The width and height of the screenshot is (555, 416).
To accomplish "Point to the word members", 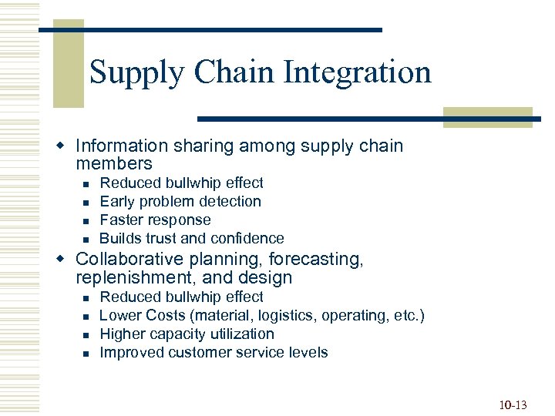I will [114, 164].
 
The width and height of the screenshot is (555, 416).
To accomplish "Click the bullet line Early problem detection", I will [180, 202].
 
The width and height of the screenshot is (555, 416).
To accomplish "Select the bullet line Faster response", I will [155, 220].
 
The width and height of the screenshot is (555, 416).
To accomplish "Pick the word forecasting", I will [315, 260].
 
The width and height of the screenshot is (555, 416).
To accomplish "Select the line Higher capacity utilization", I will [187, 334].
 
